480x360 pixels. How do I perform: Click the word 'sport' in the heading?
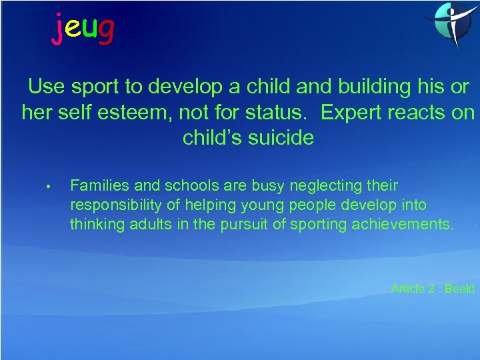coord(93,87)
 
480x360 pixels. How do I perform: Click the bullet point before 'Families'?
coord(49,186)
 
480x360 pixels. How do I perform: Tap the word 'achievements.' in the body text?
coord(409,224)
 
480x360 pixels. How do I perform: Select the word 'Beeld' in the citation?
coord(459,289)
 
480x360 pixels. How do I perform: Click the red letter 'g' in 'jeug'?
coord(105,30)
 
